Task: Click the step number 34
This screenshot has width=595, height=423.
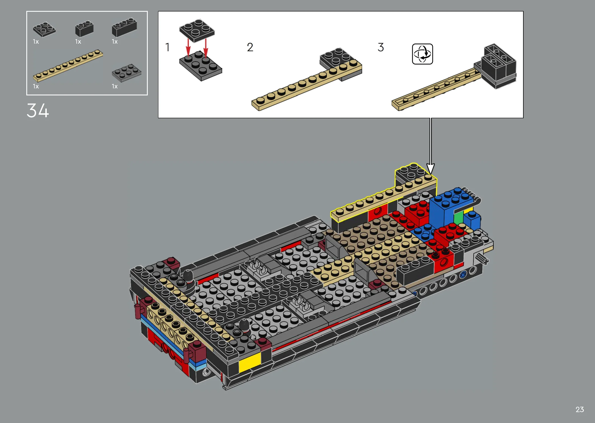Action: [x=38, y=111]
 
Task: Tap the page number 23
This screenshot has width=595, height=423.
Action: [x=580, y=410]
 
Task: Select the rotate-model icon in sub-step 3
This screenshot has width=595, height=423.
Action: [x=422, y=54]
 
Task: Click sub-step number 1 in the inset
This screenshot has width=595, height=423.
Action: [x=167, y=47]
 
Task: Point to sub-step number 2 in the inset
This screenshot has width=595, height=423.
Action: [x=250, y=47]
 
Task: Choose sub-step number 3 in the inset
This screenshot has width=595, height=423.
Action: [x=381, y=47]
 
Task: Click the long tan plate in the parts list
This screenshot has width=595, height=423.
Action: [x=68, y=65]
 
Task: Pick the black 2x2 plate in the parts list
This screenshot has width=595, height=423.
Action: [x=44, y=29]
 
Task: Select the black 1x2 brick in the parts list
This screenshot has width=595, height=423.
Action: [x=84, y=29]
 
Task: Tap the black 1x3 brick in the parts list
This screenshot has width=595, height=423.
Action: [x=124, y=27]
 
